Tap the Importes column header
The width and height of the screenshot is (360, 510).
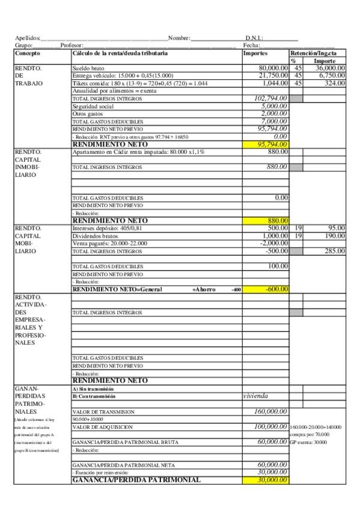(x=255, y=54)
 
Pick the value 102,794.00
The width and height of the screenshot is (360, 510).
(x=271, y=98)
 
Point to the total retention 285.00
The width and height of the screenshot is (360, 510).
(x=335, y=251)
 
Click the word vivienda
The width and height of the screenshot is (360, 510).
(x=255, y=396)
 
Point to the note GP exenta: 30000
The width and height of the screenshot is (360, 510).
(x=309, y=442)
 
